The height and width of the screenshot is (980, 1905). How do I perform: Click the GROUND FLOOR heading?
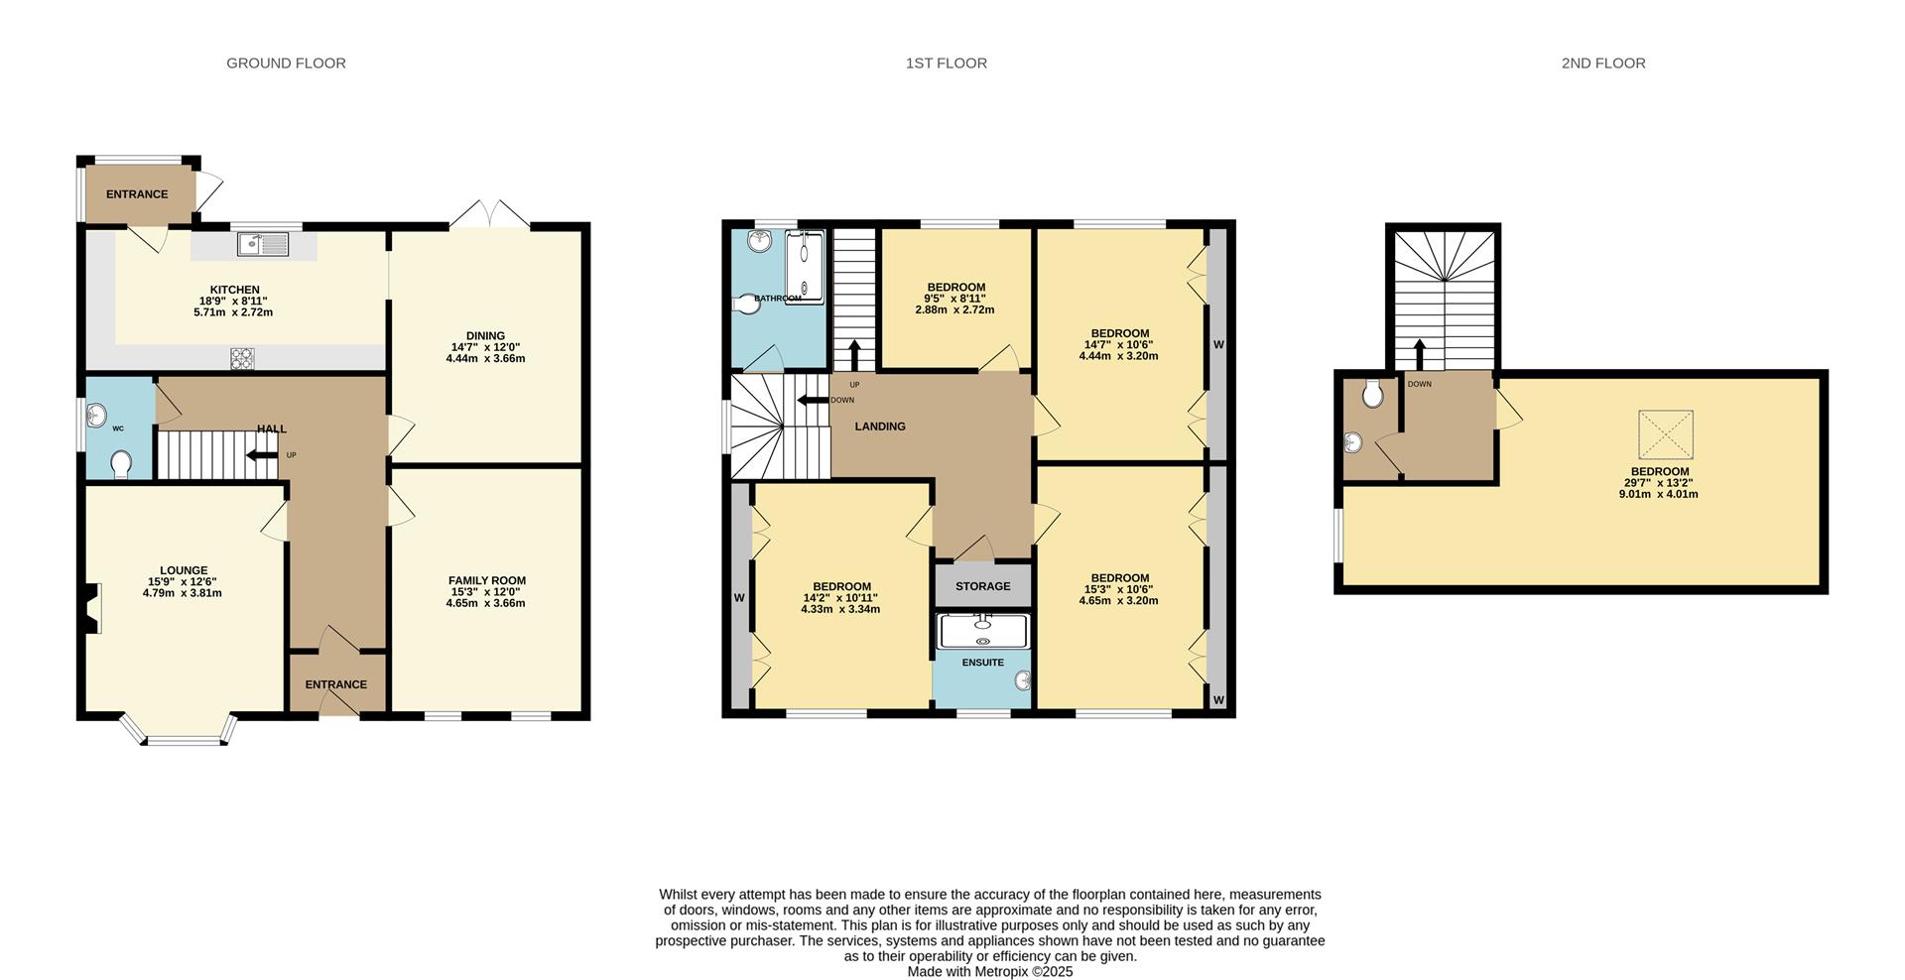click(286, 63)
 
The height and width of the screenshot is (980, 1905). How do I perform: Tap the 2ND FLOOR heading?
click(1602, 63)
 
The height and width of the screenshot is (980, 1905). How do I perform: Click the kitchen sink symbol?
click(263, 243)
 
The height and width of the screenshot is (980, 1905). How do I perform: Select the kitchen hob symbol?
click(242, 358)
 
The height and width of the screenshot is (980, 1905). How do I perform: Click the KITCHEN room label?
click(234, 290)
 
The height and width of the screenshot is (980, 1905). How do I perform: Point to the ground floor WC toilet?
click(121, 464)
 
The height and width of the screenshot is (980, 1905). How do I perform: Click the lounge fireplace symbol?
click(92, 608)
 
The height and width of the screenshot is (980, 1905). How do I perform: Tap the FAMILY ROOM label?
click(486, 581)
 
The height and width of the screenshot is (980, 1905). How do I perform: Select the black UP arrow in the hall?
click(262, 455)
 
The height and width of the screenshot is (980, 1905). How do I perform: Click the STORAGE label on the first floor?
click(982, 586)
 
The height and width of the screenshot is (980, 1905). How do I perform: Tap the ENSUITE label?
click(982, 663)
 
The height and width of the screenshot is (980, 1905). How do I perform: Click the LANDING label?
click(880, 427)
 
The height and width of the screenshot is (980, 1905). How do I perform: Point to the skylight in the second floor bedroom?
click(1664, 434)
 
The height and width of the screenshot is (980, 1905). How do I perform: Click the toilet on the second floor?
click(1373, 394)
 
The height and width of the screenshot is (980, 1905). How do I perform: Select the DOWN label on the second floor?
click(1419, 384)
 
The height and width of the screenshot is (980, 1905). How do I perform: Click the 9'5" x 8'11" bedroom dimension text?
click(955, 299)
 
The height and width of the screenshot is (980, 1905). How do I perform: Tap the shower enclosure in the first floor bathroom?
click(805, 267)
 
